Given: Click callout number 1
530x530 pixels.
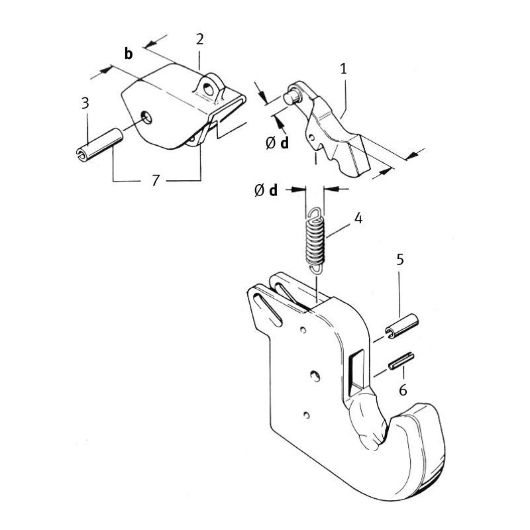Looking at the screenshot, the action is click(343, 69).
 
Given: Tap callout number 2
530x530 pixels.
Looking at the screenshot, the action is click(200, 40).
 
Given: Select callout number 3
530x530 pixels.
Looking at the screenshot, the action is click(85, 103).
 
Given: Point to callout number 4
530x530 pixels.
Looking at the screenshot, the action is click(358, 219).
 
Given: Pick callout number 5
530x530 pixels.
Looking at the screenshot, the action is click(400, 260).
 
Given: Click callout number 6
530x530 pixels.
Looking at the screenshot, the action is click(403, 390).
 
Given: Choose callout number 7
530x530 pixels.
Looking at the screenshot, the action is click(155, 180).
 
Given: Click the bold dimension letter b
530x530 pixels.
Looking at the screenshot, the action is click(129, 54).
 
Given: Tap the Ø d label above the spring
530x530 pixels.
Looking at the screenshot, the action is click(266, 190).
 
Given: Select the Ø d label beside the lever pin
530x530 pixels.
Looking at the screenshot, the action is click(277, 143).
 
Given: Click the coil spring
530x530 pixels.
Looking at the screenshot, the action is click(315, 240).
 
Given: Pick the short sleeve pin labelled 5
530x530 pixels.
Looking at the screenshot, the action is click(401, 325).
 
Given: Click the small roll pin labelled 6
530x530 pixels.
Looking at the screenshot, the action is click(401, 361).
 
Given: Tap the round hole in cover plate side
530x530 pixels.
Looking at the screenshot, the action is click(147, 117).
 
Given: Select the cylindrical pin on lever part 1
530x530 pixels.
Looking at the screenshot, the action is click(291, 95).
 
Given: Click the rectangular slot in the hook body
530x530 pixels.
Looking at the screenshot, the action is click(356, 372).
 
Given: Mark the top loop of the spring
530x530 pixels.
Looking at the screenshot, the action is click(314, 213).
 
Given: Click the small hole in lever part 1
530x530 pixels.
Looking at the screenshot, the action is click(313, 137).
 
